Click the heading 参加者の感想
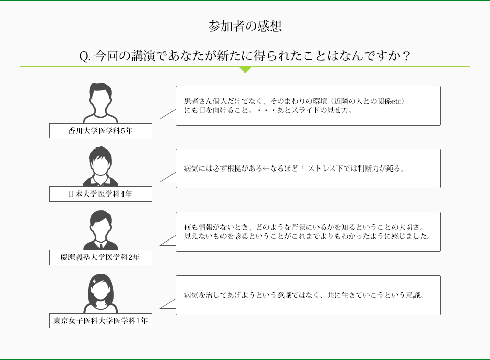coord(245,26)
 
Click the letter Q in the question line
coord(84,56)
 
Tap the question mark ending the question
coord(406,56)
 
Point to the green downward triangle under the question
coord(246,69)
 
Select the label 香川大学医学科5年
coord(101,131)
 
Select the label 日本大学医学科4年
coord(101,194)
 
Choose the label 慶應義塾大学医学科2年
coord(101,257)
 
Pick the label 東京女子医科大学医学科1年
coord(101,321)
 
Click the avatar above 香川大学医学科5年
coord(101,103)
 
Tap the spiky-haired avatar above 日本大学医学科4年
coord(101,166)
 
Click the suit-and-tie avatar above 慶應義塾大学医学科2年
coord(101,230)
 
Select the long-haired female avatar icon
coord(101,294)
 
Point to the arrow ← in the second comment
coord(266,169)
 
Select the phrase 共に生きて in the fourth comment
coord(345,295)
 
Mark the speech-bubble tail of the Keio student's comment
coord(168,241)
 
